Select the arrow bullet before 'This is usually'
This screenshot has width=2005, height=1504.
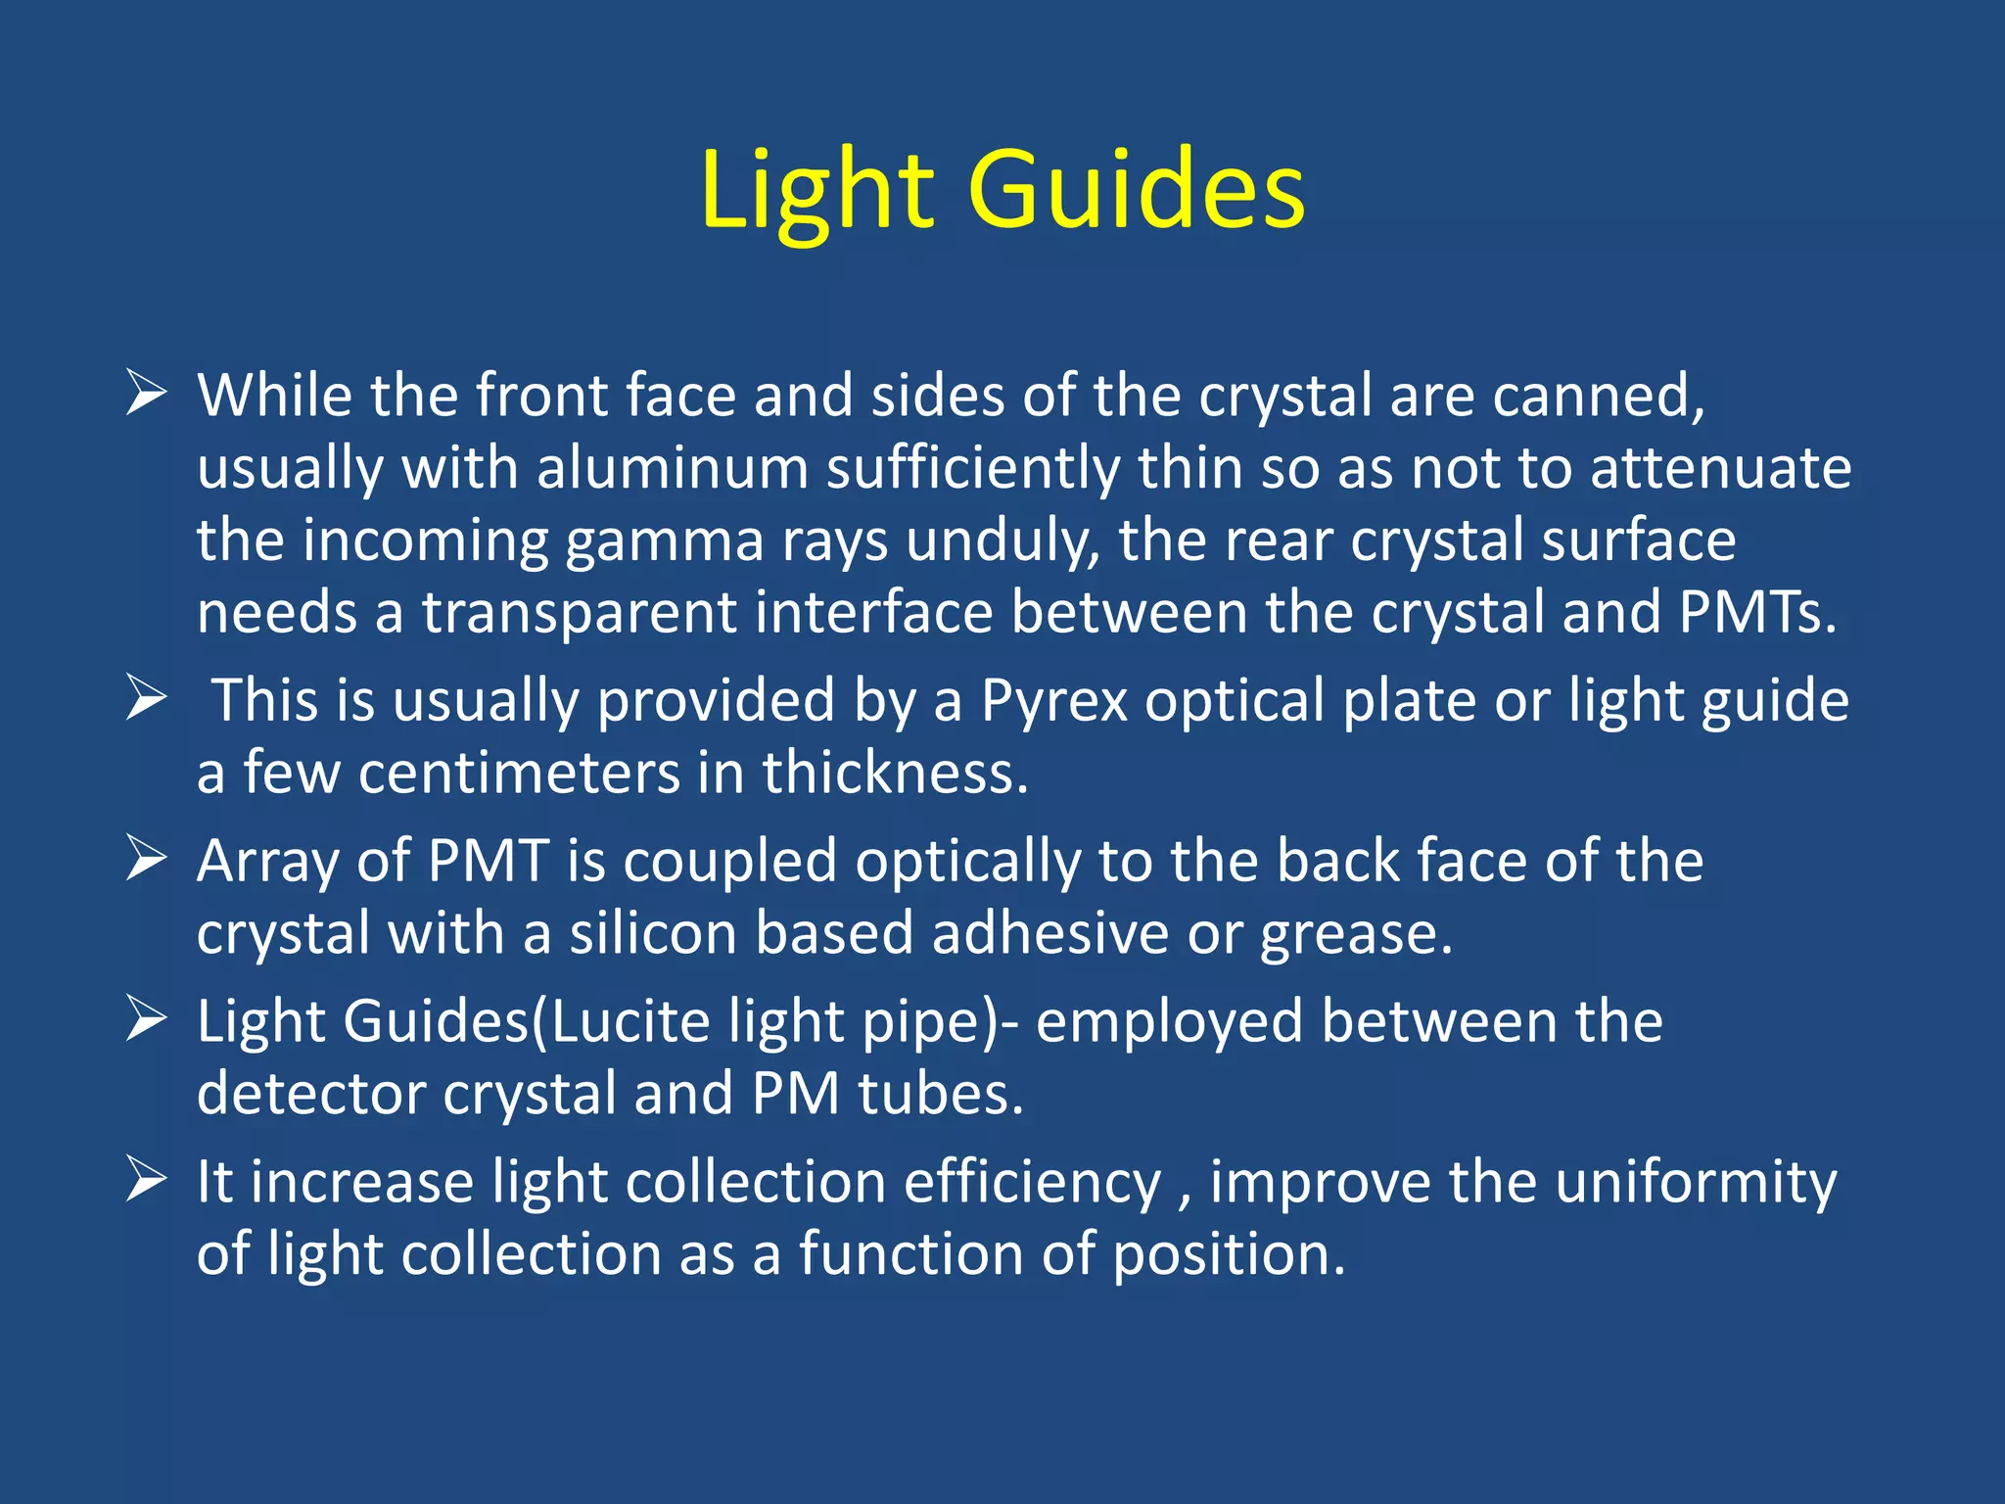click(x=146, y=700)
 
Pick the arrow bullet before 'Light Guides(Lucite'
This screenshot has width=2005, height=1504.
click(x=146, y=1020)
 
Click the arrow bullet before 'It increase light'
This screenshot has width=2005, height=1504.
click(x=146, y=1181)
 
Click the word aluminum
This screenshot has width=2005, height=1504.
click(x=673, y=468)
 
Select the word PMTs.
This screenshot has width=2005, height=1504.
click(x=1757, y=612)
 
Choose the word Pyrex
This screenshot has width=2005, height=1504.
click(x=1054, y=701)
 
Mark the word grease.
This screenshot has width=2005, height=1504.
click(x=1356, y=934)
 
